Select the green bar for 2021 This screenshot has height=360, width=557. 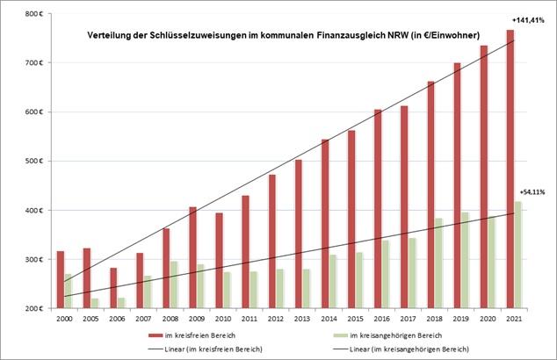coord(517,255)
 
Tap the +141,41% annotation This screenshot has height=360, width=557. coord(528,18)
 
